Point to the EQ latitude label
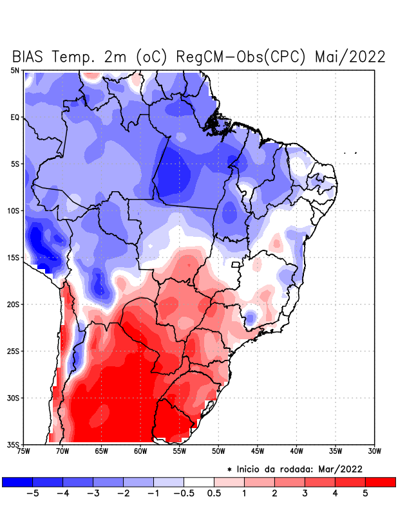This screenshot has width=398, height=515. [x=15, y=117]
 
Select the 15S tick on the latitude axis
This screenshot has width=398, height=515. [x=14, y=257]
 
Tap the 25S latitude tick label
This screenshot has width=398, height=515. [x=14, y=351]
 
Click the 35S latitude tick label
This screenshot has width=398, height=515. [x=14, y=445]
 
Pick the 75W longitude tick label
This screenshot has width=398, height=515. [x=24, y=451]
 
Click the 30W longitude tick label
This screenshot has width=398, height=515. [x=374, y=451]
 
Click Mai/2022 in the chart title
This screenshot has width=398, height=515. [x=350, y=57]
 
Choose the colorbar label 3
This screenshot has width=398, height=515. [x=305, y=493]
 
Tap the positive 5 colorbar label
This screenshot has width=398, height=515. [x=365, y=493]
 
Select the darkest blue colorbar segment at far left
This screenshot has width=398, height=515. [x=17, y=482]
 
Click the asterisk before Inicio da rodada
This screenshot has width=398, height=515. [x=229, y=469]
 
